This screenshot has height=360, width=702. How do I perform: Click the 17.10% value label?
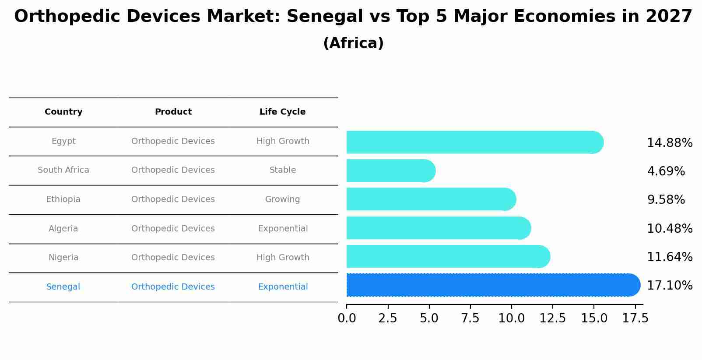669,286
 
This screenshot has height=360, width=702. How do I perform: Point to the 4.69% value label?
666,171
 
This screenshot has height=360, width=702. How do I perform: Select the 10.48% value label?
669,229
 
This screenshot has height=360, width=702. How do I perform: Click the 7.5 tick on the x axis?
470,318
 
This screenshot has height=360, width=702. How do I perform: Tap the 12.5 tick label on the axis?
552,318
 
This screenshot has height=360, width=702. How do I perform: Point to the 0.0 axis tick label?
347,318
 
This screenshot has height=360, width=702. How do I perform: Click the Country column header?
63,112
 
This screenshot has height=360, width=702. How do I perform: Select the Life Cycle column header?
282,112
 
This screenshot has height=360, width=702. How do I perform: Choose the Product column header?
173,112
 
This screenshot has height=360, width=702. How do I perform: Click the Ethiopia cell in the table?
63,199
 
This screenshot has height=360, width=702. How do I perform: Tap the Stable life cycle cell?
282,170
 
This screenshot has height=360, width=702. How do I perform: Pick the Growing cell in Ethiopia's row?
282,199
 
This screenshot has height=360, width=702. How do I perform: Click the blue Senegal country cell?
63,287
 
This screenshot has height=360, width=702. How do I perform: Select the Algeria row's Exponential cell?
283,229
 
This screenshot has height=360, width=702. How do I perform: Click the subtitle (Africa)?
353,43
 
